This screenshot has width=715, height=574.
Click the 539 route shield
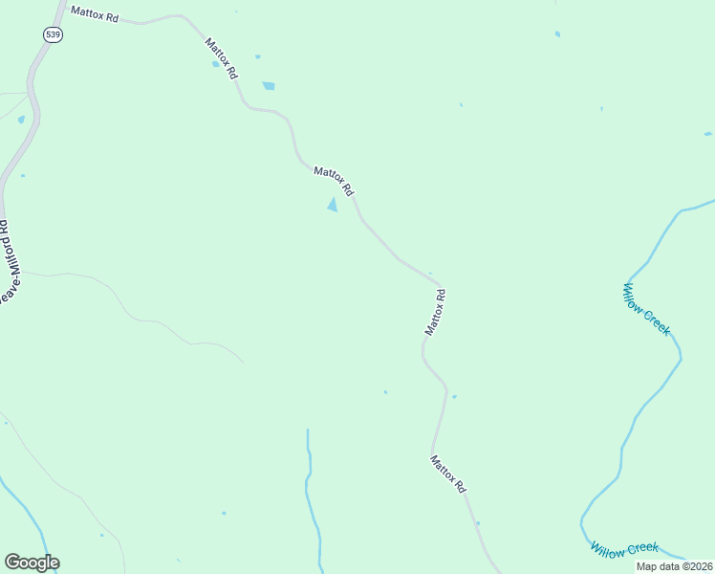pyautogui.click(x=52, y=34)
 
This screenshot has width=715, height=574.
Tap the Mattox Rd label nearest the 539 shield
pyautogui.click(x=94, y=16)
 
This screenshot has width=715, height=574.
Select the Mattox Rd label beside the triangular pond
pyautogui.click(x=334, y=180)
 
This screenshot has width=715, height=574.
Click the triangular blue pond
pyautogui.click(x=333, y=205)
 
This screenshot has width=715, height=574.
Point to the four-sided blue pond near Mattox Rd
pyautogui.click(x=269, y=86)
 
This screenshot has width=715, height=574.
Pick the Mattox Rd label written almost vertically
pyautogui.click(x=436, y=313)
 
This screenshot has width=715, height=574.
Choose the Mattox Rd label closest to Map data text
pyautogui.click(x=447, y=474)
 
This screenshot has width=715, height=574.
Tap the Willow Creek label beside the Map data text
pyautogui.click(x=624, y=549)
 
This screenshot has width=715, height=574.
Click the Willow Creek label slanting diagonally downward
pyautogui.click(x=646, y=309)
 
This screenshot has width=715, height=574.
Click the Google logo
pyautogui.click(x=32, y=563)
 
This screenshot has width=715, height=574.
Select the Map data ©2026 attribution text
pyautogui.click(x=674, y=566)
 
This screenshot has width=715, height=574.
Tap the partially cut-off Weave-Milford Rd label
pyautogui.click(x=6, y=264)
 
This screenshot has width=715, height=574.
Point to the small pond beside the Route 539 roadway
pyautogui.click(x=21, y=120)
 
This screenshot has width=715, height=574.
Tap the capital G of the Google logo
pyautogui.click(x=13, y=563)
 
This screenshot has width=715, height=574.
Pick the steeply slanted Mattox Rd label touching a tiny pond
pyautogui.click(x=221, y=57)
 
